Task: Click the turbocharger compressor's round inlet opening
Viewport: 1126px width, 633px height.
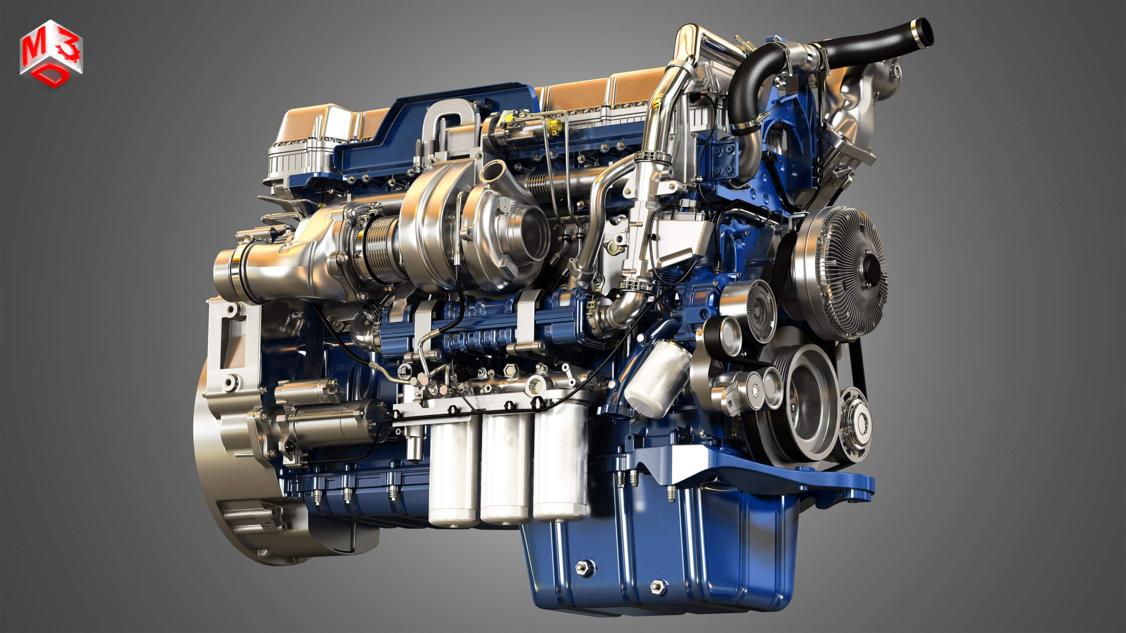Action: pyautogui.click(x=531, y=234)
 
